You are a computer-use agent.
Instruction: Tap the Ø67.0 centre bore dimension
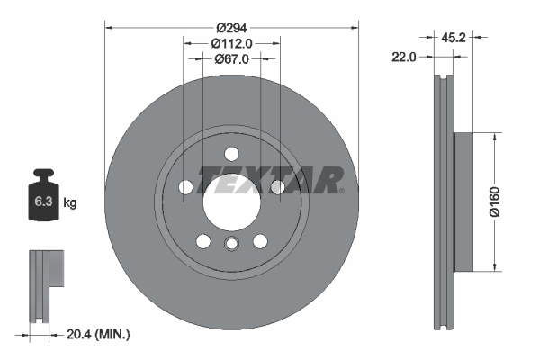click(x=231, y=59)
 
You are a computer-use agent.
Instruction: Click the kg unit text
click(x=70, y=203)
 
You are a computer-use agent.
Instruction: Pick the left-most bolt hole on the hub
click(x=186, y=187)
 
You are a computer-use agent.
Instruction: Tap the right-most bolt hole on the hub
click(x=277, y=187)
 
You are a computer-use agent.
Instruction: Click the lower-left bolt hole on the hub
click(x=203, y=241)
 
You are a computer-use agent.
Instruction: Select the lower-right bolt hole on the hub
click(x=260, y=241)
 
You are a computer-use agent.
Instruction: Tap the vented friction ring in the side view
click(x=443, y=202)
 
